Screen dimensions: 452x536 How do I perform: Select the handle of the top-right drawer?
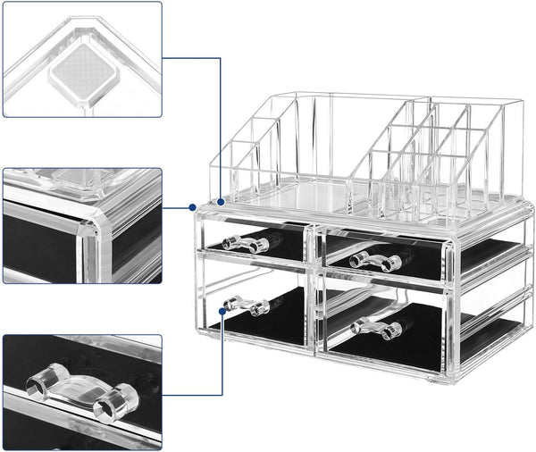374,260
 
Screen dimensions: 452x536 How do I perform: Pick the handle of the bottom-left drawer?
248,306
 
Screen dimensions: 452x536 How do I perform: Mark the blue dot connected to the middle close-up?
193,207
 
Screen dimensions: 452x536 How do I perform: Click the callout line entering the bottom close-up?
192,394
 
